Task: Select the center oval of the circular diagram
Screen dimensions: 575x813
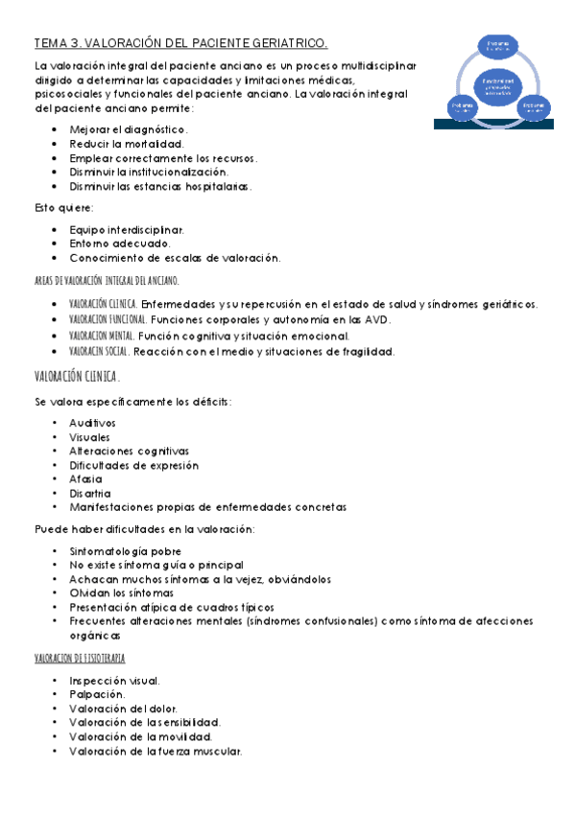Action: coord(497,86)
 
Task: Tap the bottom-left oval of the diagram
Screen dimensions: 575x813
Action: coord(462,107)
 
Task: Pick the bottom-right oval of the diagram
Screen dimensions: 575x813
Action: coord(533,107)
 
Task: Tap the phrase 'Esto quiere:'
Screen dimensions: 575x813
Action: coord(64,208)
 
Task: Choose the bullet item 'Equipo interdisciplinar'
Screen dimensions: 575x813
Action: coord(126,230)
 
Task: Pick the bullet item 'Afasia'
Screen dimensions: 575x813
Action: coord(85,478)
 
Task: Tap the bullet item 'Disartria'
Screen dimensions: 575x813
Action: coord(90,493)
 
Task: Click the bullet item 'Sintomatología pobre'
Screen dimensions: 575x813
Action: coord(125,551)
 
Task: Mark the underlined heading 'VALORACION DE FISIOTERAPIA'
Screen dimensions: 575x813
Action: coord(80,659)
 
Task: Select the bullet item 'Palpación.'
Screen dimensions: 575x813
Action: coord(96,693)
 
